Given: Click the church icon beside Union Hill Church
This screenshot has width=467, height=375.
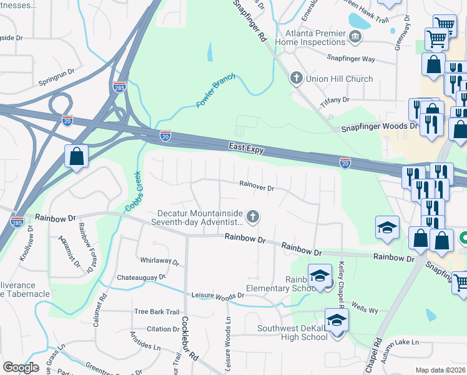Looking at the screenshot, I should point(296,79).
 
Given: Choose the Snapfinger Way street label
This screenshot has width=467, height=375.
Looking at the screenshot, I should point(351,58).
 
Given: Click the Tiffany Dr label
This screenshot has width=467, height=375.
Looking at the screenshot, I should point(335,100).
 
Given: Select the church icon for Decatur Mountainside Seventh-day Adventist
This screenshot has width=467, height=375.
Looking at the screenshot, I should point(253,217).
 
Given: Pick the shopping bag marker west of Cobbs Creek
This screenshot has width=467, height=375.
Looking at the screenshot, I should point(76,157).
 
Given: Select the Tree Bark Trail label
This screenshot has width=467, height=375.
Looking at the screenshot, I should point(157,312).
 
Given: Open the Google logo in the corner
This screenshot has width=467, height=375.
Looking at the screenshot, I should point(21,367).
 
